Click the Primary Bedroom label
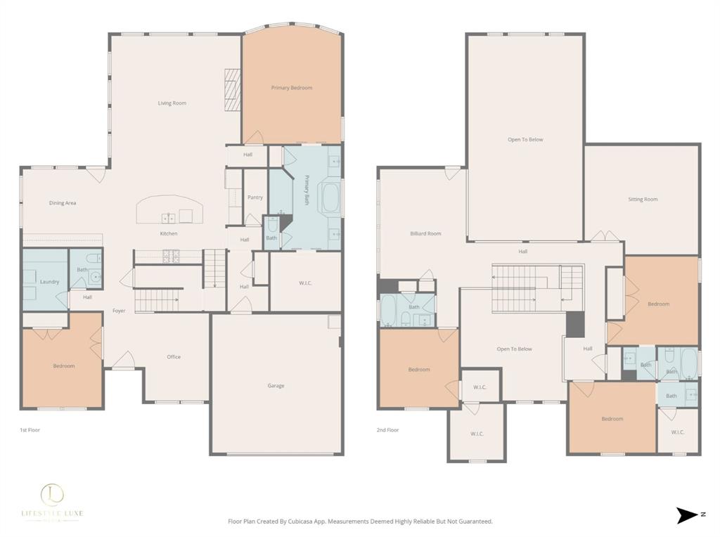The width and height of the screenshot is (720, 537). [x=292, y=88]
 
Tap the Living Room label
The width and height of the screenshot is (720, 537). [x=172, y=103]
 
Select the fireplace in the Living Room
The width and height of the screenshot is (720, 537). [x=233, y=89]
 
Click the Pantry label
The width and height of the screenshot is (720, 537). [x=255, y=198]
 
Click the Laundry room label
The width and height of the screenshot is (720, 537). [x=49, y=282]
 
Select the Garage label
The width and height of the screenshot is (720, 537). [x=276, y=385]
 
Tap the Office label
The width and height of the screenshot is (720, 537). [x=174, y=357]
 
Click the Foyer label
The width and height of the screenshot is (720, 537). [x=119, y=311]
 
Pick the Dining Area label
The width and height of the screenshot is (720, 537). [x=63, y=203]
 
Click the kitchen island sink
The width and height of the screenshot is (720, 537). [x=169, y=217]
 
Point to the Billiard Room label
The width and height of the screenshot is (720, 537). [x=425, y=233]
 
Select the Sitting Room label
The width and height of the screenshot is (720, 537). [x=643, y=200]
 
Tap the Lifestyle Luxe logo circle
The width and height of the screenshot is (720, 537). [x=51, y=494]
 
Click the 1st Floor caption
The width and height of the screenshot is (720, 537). [x=30, y=429]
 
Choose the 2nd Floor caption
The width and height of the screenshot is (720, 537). [x=388, y=429]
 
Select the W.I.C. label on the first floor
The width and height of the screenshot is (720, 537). [x=305, y=284]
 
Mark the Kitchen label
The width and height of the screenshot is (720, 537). [x=169, y=233]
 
